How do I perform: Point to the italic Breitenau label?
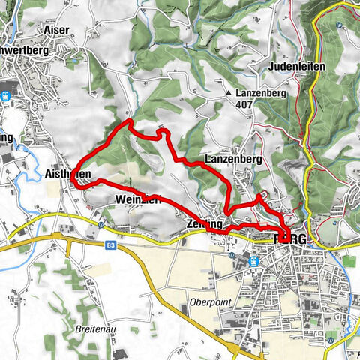click(x=96, y=328)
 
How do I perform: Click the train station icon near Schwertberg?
click(x=6, y=96)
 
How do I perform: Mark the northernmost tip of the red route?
click(x=130, y=120)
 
